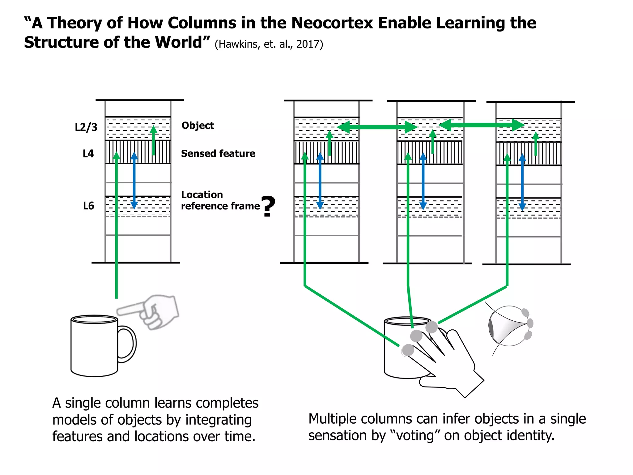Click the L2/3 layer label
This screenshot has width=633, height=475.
point(86,127)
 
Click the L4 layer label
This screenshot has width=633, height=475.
point(88,154)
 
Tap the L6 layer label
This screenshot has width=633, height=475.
point(88,206)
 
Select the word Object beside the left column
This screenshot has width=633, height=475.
point(198,126)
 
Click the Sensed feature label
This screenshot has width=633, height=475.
point(218,154)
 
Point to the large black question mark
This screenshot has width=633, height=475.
point(268,207)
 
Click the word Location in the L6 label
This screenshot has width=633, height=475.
point(202,195)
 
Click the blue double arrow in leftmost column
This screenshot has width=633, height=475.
point(134,181)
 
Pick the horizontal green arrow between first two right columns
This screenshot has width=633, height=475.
point(377,127)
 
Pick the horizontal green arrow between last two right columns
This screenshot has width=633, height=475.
point(481,125)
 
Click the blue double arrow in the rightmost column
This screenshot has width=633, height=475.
point(522,182)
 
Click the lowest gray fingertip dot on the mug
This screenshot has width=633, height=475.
point(408,350)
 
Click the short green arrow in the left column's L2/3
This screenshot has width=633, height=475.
point(153,141)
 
